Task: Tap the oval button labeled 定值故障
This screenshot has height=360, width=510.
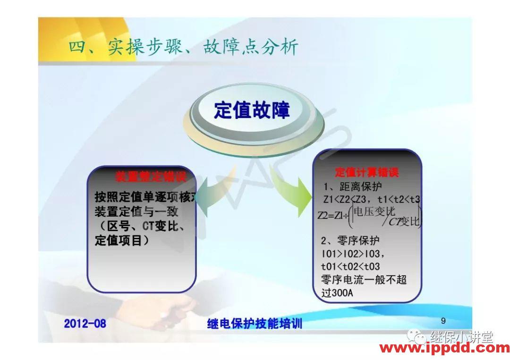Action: tap(252, 110)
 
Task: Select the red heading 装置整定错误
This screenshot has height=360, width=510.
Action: tap(148, 177)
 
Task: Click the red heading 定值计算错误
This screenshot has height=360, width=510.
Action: tap(366, 172)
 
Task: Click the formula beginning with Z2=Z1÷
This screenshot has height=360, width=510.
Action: tap(369, 216)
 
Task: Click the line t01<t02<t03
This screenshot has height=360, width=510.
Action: tap(350, 267)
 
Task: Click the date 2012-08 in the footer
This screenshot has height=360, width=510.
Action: tap(85, 324)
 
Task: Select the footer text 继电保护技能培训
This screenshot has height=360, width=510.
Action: tap(255, 324)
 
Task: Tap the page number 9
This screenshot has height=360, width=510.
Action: tap(443, 321)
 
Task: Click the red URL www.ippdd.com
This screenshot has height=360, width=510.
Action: tap(444, 349)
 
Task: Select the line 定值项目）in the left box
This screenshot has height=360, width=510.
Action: tap(122, 241)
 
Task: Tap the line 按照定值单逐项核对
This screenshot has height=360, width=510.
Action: tap(144, 197)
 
